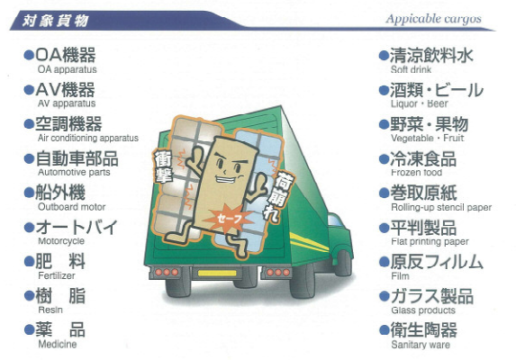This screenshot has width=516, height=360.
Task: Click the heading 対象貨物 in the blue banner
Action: coord(55,21)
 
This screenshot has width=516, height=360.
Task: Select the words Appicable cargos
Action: coord(434,19)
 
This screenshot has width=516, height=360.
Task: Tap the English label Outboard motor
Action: coord(71,207)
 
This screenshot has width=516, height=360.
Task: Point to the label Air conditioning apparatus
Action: coord(88,138)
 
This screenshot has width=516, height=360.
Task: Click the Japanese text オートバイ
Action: coord(77,227)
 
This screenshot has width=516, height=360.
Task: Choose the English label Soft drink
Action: coord(411,69)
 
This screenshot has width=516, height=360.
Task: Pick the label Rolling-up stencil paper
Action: coord(441,208)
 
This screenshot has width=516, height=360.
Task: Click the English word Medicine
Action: coord(58,344)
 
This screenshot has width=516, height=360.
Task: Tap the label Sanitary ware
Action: coord(421,345)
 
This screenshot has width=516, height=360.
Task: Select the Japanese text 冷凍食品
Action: coord(423,158)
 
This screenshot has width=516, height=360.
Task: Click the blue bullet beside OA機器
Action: coord(29,55)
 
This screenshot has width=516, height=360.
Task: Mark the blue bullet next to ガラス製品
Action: coord(384,296)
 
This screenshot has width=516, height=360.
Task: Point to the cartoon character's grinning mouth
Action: coord(227,179)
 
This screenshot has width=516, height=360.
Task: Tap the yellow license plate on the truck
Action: coord(217,273)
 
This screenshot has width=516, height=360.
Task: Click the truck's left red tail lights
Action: coord(167,272)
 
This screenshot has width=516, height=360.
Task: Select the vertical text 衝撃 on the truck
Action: coord(164,166)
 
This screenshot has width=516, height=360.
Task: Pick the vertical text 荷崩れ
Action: coord(280,197)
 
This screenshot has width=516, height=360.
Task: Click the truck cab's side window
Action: coord(335,220)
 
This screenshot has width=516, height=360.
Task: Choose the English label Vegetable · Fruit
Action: coord(428,138)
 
